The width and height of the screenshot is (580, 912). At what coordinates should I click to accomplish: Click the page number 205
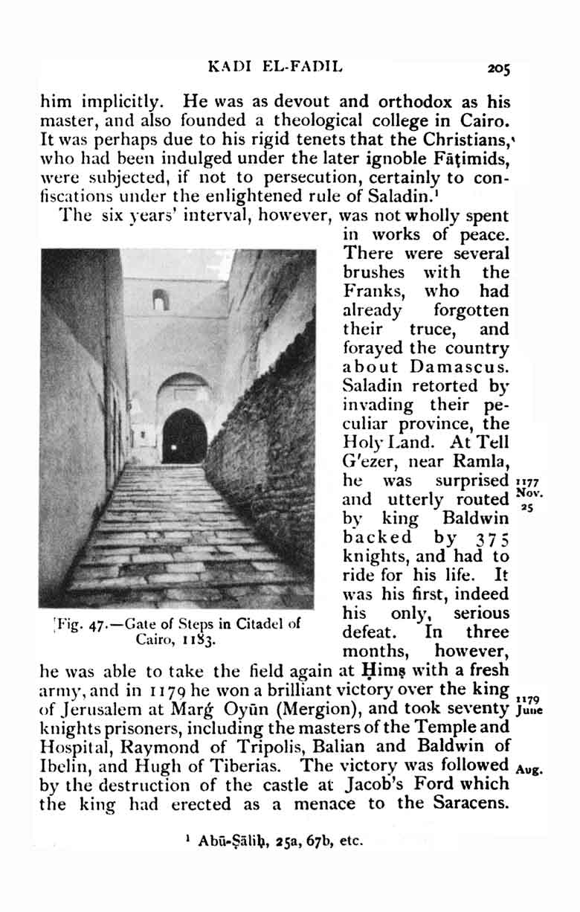(498, 69)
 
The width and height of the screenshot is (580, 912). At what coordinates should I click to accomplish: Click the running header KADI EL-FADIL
(275, 68)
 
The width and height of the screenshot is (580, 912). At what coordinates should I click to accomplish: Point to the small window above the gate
(160, 299)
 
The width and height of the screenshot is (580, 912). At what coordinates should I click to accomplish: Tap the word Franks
(374, 292)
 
